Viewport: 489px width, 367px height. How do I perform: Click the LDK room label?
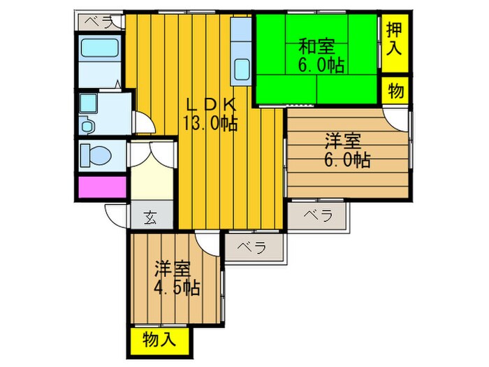click(x=212, y=106)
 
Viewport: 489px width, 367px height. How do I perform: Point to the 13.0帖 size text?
click(x=211, y=124)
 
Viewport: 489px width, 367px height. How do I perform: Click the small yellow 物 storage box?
click(x=395, y=91)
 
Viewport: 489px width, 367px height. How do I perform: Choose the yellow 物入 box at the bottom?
click(x=160, y=340)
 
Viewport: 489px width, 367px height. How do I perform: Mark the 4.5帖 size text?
click(x=177, y=287)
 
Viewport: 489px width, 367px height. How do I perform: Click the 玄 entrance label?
click(x=150, y=217)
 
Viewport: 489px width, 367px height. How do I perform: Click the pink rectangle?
click(x=102, y=187)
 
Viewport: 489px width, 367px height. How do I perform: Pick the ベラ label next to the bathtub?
click(x=99, y=22)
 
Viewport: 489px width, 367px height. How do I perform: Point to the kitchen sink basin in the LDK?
click(x=242, y=70)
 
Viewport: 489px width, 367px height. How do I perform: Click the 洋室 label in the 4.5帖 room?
click(x=173, y=268)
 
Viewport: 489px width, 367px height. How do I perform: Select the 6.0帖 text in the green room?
click(x=322, y=66)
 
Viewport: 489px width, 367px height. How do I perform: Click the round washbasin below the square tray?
click(x=87, y=126)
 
